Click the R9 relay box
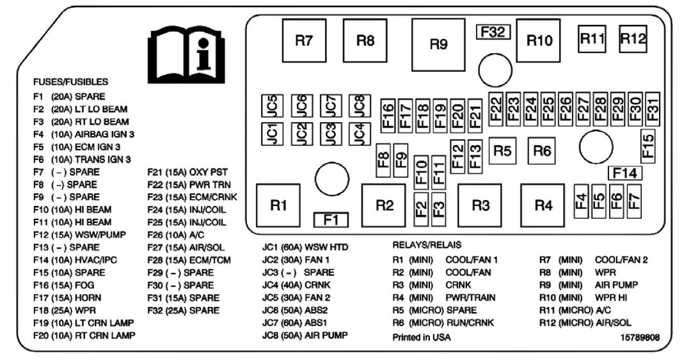(x=438, y=44)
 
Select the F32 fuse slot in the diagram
(x=492, y=33)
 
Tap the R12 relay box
(x=633, y=38)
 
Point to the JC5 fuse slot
(x=272, y=104)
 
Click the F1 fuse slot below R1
(x=330, y=220)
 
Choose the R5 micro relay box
(x=503, y=151)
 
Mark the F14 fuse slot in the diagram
(x=624, y=172)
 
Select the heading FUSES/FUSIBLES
(x=71, y=82)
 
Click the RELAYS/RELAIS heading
(x=426, y=245)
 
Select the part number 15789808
(x=640, y=337)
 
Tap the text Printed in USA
(x=421, y=337)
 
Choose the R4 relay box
(x=543, y=205)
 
